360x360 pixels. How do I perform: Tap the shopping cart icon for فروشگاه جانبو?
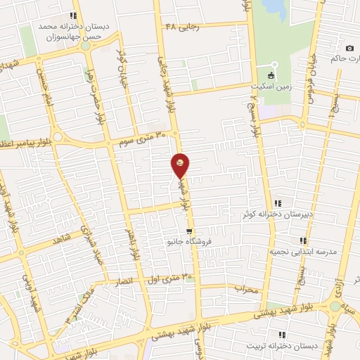189,231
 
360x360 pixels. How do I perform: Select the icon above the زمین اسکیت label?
272,76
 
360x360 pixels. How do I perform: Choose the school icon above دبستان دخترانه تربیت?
281,335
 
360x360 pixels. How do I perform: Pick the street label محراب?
247,288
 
